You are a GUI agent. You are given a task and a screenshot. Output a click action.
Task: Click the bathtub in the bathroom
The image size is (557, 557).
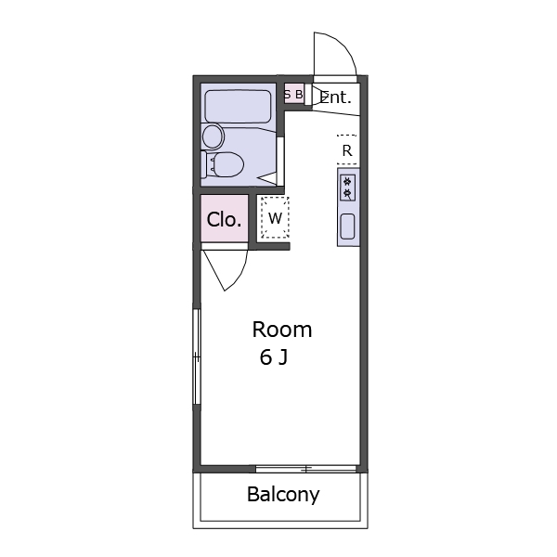238,107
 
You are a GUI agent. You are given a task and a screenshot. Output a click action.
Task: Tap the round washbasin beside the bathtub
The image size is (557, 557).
213,136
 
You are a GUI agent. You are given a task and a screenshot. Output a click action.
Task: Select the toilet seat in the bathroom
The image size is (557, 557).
227,164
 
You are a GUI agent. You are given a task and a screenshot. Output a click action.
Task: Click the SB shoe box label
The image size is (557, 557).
293,95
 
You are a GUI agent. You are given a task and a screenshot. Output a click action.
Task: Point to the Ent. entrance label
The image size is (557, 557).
336,97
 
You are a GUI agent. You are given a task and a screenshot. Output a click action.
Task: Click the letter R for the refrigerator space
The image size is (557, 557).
347,150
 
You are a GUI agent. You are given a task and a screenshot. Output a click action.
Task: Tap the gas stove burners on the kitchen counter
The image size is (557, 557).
347,188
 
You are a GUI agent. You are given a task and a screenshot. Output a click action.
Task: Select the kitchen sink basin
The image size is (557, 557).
347,227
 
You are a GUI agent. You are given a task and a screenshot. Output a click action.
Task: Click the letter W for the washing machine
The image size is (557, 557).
275,218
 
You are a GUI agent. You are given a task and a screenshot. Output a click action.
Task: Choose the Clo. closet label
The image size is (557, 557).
224,219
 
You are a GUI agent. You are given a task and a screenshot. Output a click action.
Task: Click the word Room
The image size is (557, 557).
282,330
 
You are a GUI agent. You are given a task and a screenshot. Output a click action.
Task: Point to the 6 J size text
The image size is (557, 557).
274,357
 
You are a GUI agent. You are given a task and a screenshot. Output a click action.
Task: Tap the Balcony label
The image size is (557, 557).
283,494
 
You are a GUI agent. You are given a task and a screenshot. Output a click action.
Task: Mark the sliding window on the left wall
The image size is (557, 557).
197,356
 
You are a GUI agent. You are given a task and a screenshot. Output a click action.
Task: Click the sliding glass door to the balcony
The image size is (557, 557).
305,469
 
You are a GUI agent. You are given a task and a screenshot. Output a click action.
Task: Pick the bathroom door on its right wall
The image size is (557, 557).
280,162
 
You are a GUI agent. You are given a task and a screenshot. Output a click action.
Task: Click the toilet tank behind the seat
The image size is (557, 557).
204,164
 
